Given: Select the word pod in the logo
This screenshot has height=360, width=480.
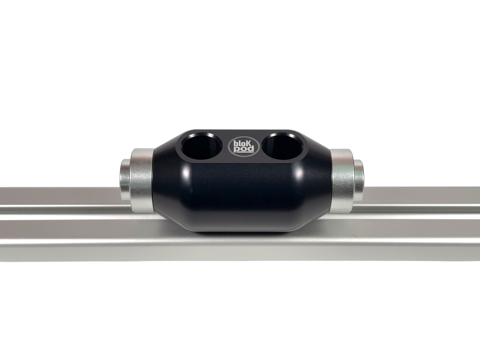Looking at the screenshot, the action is (244, 150).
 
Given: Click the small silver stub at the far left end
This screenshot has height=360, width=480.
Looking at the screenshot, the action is (125, 180).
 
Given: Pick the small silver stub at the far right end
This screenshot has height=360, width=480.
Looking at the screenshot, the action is (359, 180).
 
